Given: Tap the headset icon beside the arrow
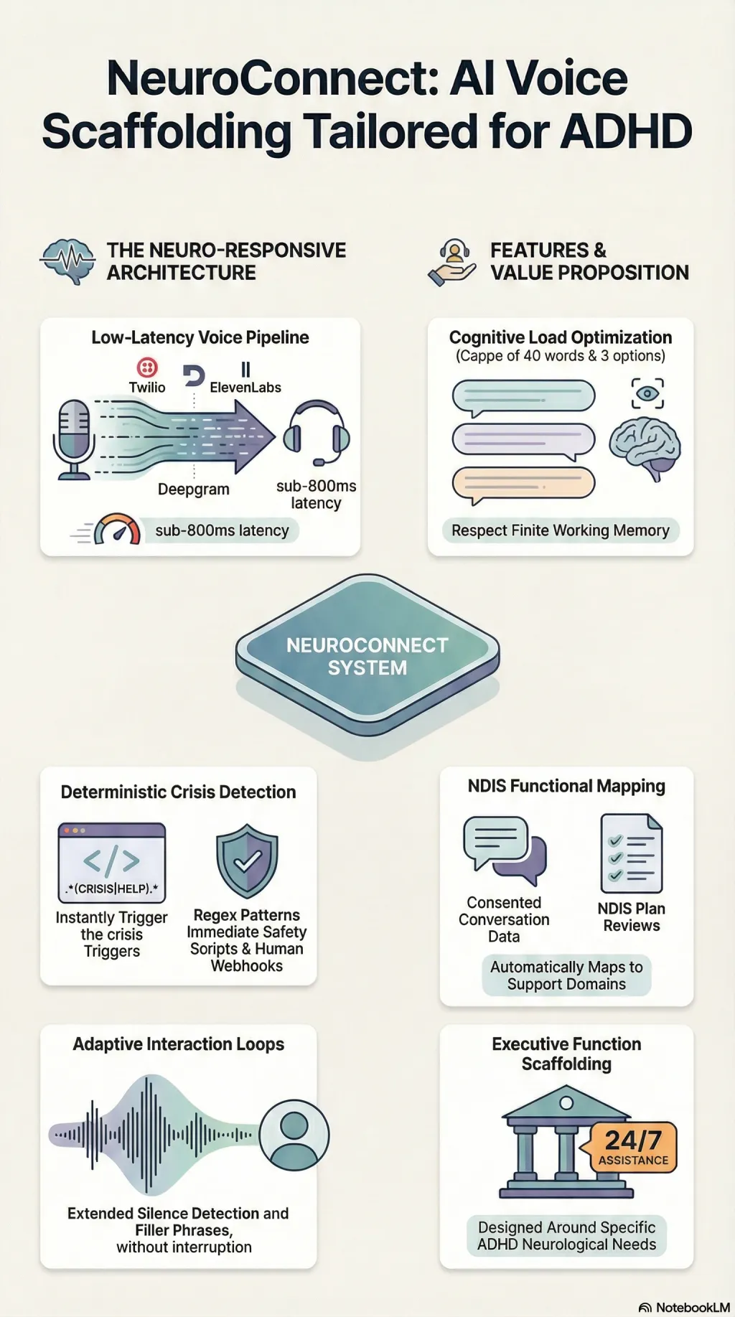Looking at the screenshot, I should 317,433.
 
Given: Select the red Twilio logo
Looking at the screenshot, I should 147,368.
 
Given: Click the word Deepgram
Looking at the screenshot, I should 194,489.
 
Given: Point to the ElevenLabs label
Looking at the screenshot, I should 245,388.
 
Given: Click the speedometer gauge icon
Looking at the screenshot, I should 117,530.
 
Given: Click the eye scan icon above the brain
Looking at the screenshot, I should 647,393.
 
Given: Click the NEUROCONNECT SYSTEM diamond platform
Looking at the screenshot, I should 367,655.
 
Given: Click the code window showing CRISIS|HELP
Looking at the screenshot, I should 112,863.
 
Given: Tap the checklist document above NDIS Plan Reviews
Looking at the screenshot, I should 632,853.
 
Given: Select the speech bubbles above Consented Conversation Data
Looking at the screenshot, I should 505,851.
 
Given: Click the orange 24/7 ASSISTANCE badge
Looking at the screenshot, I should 633,1147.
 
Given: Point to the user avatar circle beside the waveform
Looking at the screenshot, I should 294,1135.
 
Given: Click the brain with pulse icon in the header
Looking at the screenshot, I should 68,261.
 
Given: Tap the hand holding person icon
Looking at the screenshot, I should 453,263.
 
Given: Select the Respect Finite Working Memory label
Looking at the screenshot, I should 561,530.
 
